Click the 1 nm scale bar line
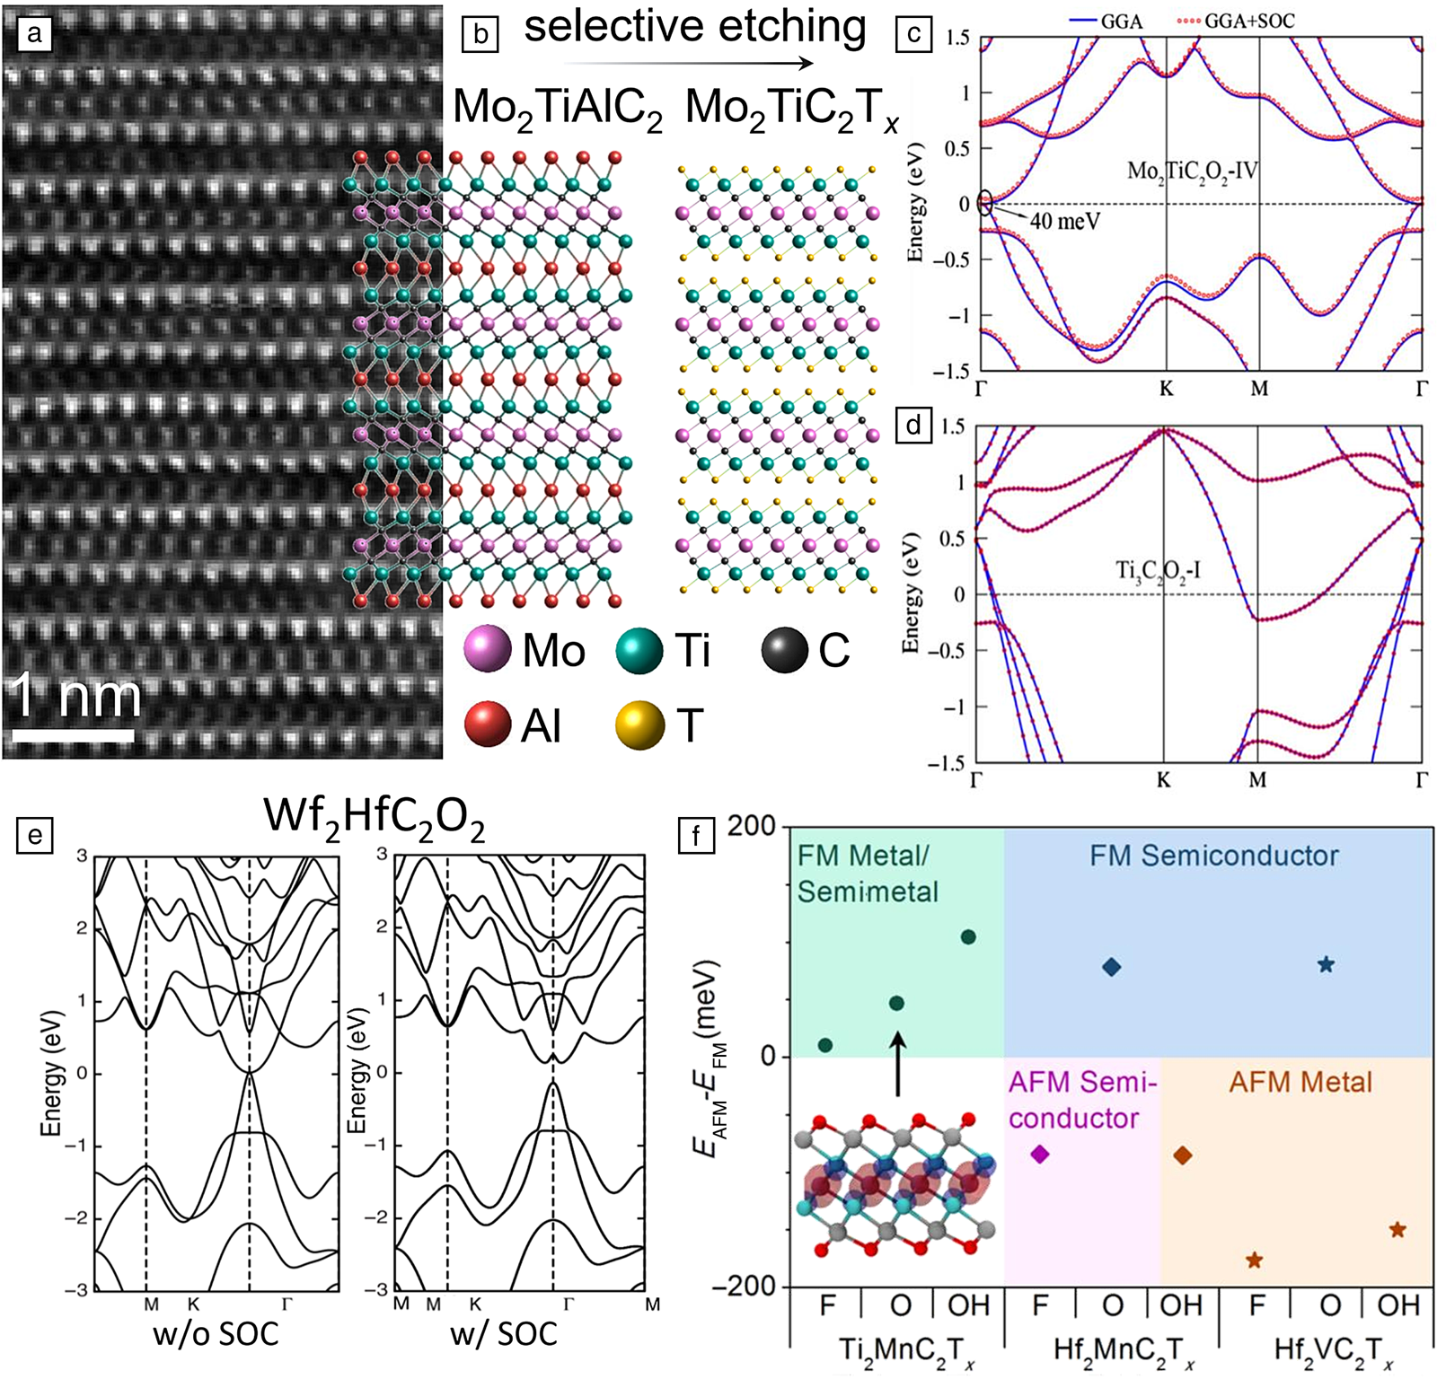click(74, 735)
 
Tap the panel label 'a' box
click(34, 34)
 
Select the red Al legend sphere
click(488, 725)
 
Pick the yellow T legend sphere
click(639, 725)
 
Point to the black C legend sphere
click(784, 650)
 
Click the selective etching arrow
click(689, 63)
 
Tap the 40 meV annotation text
click(1064, 221)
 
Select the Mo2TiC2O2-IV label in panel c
click(1193, 171)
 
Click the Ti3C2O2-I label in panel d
click(1158, 570)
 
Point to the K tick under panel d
click(1164, 779)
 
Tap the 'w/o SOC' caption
click(216, 1333)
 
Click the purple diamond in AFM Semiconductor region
click(1040, 1154)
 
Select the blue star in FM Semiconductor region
click(1326, 964)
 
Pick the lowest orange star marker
click(1255, 1260)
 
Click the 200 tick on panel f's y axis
click(752, 826)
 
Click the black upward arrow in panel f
click(897, 1063)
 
